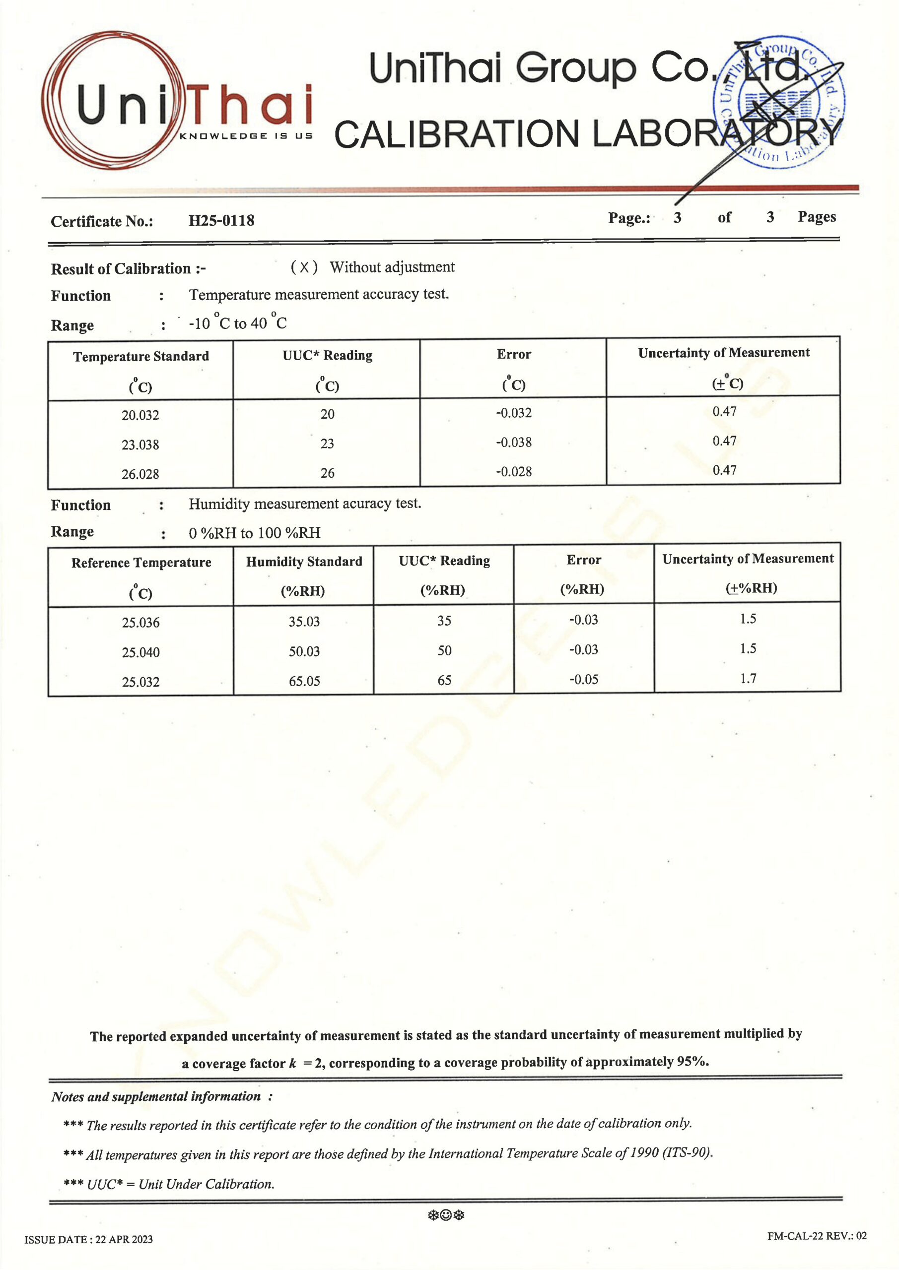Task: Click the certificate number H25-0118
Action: [221, 221]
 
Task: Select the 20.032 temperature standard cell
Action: [140, 415]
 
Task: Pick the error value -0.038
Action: [514, 443]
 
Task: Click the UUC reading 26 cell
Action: [327, 473]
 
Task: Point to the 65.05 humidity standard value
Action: [304, 681]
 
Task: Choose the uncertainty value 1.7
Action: [748, 678]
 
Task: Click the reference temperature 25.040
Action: [140, 652]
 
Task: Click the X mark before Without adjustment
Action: [304, 268]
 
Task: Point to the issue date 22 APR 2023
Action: [88, 1240]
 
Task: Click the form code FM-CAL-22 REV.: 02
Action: [817, 1236]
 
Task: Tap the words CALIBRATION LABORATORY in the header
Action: [587, 134]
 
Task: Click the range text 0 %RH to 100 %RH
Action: [254, 533]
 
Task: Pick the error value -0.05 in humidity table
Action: [583, 679]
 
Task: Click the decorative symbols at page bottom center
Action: [446, 1215]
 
